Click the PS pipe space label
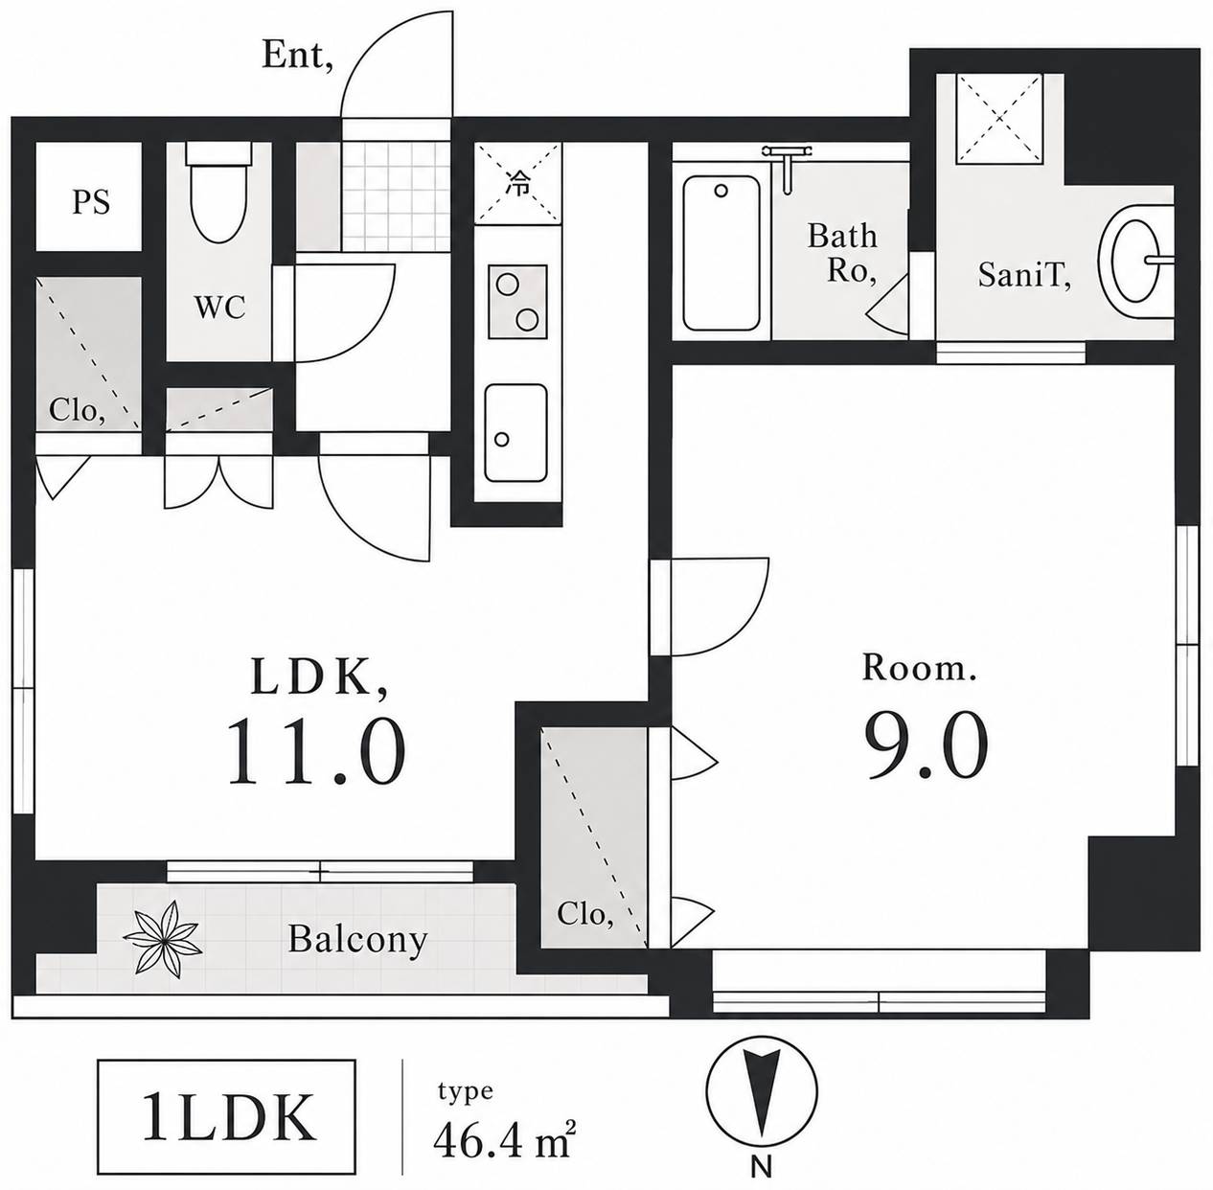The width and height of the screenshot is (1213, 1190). point(91,203)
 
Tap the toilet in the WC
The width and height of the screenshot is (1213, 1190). point(219,192)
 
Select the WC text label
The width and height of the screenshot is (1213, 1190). point(219,308)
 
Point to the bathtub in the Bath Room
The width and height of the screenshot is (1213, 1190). point(721,253)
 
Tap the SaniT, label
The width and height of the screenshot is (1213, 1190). point(1024,275)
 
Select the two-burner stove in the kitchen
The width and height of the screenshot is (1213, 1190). point(517,302)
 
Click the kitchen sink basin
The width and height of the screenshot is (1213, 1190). point(515,433)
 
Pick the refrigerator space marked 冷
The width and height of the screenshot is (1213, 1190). point(518,184)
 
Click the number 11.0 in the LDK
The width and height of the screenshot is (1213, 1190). point(316,751)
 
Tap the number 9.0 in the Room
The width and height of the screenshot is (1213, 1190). point(926,745)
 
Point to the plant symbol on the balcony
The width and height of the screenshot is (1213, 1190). point(163,939)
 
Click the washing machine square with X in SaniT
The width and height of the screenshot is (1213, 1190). point(999,119)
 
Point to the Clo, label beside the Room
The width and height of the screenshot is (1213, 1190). point(584,914)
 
